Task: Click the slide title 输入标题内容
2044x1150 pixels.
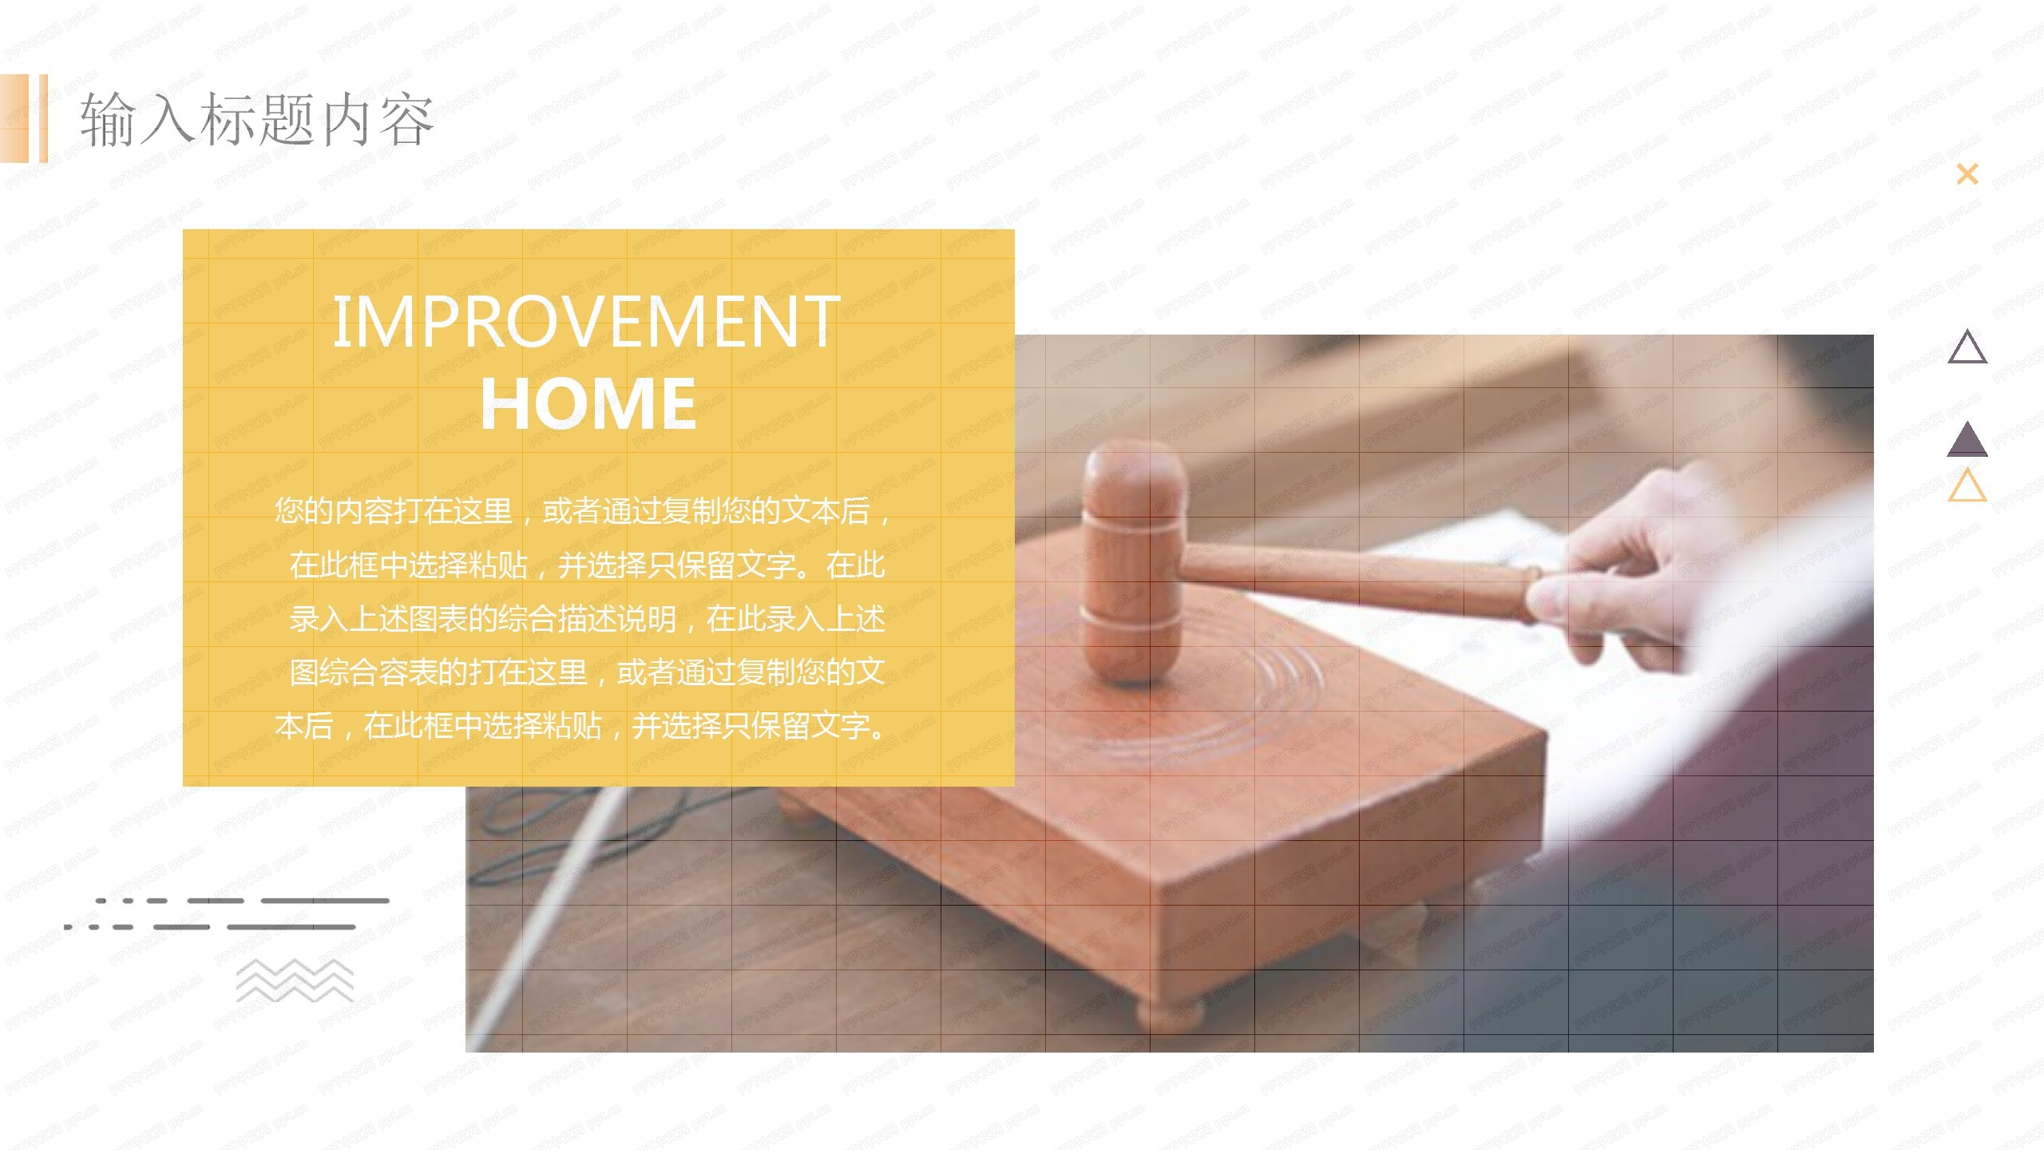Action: click(255, 119)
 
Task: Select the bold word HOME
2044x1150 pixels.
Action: click(588, 403)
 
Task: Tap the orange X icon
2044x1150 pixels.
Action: click(1967, 174)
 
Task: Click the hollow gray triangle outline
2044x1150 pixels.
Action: click(1967, 348)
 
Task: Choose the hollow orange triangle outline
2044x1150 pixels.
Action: click(1967, 486)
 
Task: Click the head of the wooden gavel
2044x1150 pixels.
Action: click(1132, 559)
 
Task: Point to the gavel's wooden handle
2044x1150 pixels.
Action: click(1357, 579)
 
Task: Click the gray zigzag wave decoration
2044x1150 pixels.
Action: click(295, 981)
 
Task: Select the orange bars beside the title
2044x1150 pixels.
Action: click(24, 118)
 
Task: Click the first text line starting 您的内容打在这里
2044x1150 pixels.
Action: click(583, 511)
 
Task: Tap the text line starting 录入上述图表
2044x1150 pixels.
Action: click(587, 619)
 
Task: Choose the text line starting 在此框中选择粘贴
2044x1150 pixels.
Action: click(587, 565)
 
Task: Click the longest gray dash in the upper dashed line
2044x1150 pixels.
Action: click(325, 901)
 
